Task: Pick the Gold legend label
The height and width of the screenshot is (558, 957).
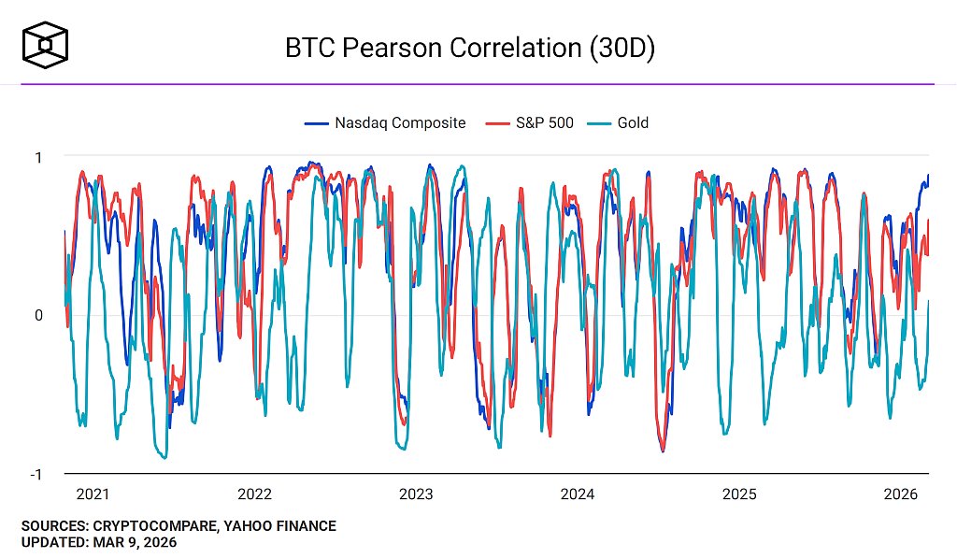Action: pos(633,122)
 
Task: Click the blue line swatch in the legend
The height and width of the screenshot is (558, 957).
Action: pos(317,123)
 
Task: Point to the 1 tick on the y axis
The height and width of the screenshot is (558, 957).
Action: pos(37,157)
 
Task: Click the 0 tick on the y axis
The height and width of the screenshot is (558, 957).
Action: pos(37,315)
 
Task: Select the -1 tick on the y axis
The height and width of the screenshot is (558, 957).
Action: pos(35,474)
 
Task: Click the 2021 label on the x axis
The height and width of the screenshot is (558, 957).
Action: pos(93,494)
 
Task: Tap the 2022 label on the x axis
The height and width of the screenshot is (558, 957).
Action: pos(254,494)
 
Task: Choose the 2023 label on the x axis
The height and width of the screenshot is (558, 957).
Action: pos(416,494)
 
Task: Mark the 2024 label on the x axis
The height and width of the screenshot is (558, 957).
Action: pos(578,494)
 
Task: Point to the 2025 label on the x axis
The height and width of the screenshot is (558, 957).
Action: pos(739,494)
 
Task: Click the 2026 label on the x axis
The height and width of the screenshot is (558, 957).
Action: pos(901,494)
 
